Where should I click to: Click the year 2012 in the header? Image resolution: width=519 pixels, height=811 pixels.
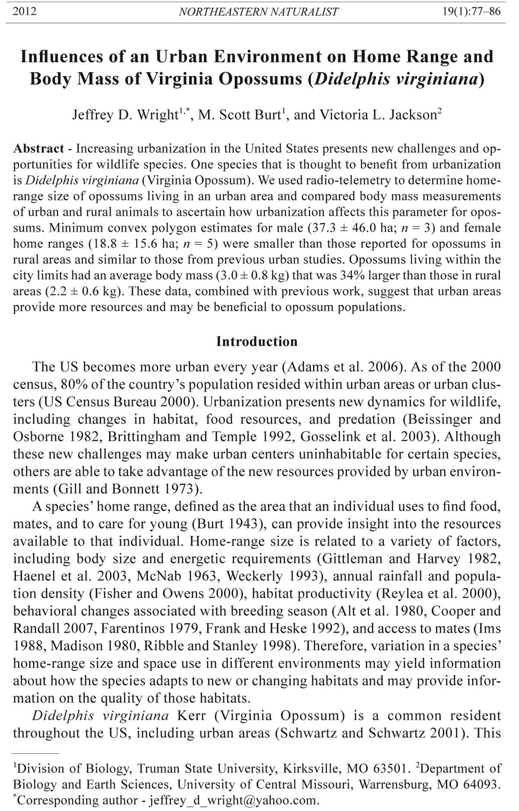[25, 11]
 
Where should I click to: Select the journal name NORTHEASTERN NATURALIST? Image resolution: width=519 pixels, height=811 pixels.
[258, 12]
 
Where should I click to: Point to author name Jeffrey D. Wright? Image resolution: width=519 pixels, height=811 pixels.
[125, 115]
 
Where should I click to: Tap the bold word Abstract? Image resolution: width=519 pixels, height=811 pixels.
[38, 149]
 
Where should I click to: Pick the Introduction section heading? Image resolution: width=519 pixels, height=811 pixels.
[257, 342]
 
